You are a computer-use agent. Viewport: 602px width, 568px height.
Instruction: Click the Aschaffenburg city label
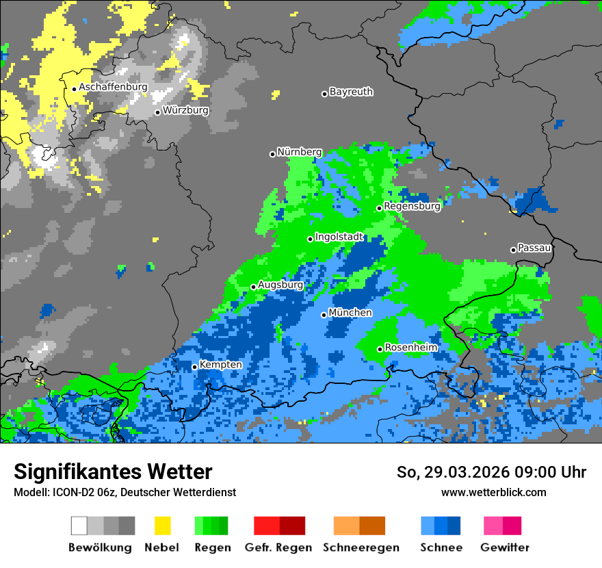(113, 88)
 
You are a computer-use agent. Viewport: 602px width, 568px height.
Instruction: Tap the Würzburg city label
(185, 110)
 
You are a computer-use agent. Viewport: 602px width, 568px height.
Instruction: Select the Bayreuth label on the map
(351, 92)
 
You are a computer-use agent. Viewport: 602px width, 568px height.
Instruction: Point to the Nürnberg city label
(300, 152)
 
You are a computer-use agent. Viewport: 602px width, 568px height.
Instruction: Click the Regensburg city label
(412, 206)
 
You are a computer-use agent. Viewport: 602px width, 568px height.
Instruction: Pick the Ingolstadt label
(339, 237)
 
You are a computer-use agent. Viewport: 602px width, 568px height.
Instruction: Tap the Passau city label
(534, 248)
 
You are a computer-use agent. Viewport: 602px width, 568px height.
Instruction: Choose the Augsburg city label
(280, 285)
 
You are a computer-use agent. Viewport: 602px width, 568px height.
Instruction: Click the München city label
(350, 313)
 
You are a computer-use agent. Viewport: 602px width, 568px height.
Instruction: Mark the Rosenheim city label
(410, 348)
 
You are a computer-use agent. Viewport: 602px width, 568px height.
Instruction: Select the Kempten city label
(220, 365)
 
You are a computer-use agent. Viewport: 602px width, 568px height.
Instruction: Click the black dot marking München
(324, 315)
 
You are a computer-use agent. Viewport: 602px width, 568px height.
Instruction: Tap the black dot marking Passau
(513, 250)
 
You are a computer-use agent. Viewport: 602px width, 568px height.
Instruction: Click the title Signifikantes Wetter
(113, 472)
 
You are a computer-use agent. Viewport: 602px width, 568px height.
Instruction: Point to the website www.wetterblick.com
(493, 492)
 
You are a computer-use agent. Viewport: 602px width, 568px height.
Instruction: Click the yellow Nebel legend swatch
(162, 526)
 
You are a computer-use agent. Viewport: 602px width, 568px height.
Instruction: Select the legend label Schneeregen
(361, 547)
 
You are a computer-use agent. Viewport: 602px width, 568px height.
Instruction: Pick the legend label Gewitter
(505, 547)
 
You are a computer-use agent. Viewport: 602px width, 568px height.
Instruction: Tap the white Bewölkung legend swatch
(79, 526)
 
